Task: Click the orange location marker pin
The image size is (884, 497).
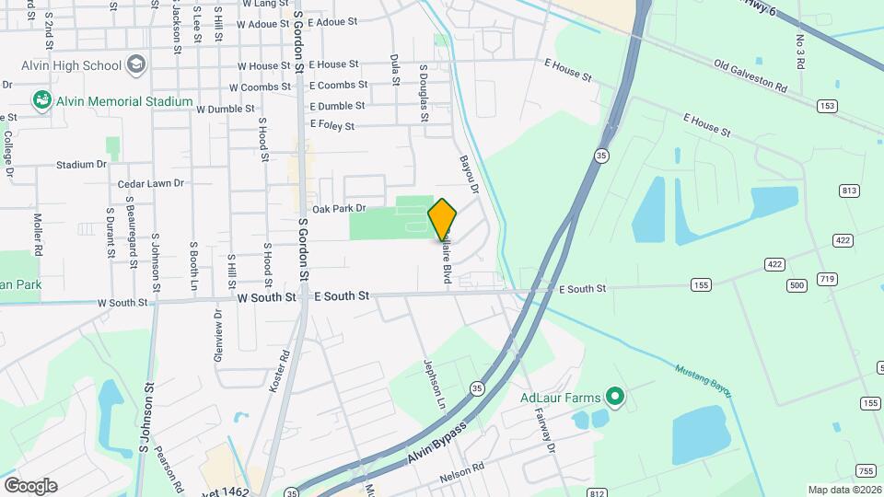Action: point(442,220)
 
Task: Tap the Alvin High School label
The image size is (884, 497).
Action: point(72,65)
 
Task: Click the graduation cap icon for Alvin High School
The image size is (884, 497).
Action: point(136,64)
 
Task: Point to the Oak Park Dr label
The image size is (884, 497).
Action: point(339,209)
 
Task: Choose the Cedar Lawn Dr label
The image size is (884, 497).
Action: point(151,184)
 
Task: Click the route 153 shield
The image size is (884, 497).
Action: point(828,106)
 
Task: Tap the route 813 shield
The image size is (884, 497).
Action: point(849,191)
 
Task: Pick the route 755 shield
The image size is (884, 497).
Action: point(866,469)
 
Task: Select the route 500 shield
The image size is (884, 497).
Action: point(797,285)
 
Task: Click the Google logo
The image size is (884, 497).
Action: point(30,486)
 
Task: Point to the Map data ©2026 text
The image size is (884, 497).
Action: point(843,490)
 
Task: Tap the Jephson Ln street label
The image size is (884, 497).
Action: point(434,386)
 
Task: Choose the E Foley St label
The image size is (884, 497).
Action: point(332,124)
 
